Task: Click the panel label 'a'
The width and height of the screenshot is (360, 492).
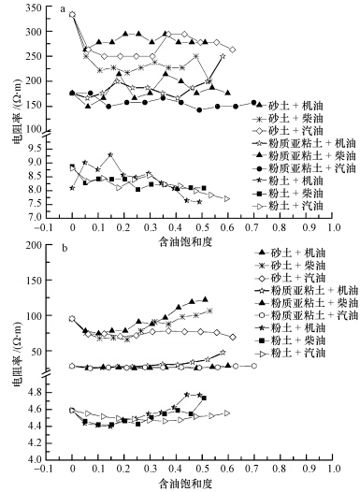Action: tap(63, 13)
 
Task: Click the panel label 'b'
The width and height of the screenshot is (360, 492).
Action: tap(63, 253)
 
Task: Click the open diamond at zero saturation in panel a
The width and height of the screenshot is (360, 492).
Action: tap(72, 15)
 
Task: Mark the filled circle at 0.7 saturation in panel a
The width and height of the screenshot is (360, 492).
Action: tap(252, 102)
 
